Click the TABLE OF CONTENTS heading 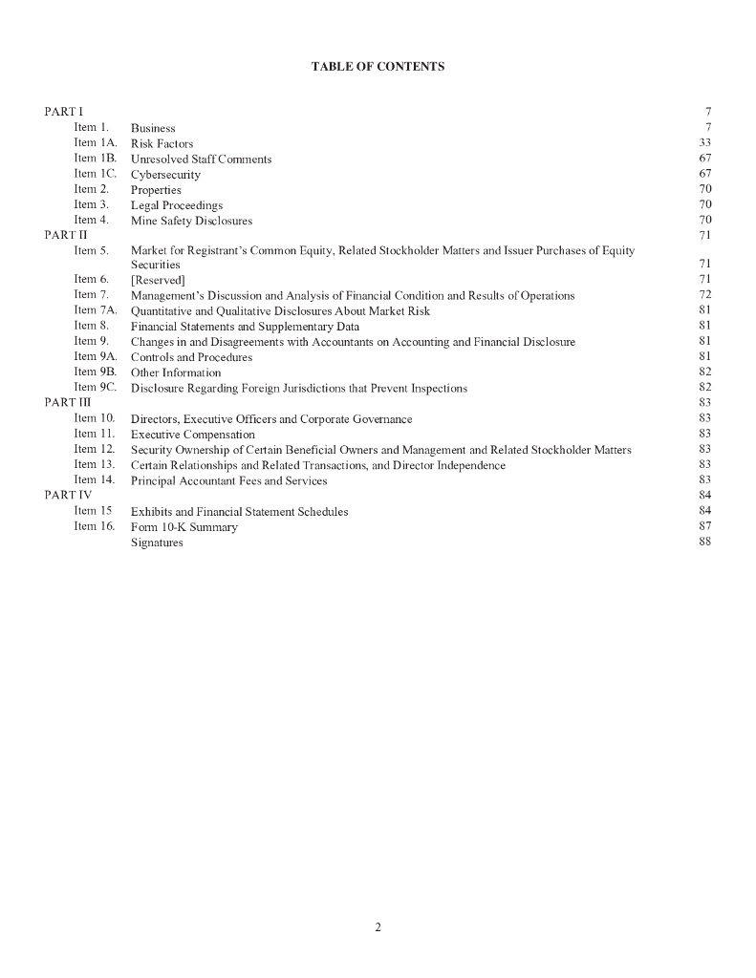pos(378,67)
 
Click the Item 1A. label pos(95,143)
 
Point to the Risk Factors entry pos(162,143)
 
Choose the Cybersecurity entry pos(165,175)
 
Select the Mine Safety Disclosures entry pos(191,221)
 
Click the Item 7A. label pos(95,310)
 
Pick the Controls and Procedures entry pos(191,357)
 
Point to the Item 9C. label pos(95,388)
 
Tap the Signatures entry pos(157,542)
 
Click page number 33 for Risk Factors pos(705,143)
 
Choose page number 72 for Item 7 pos(705,295)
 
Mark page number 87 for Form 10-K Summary pos(705,527)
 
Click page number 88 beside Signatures pos(705,542)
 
